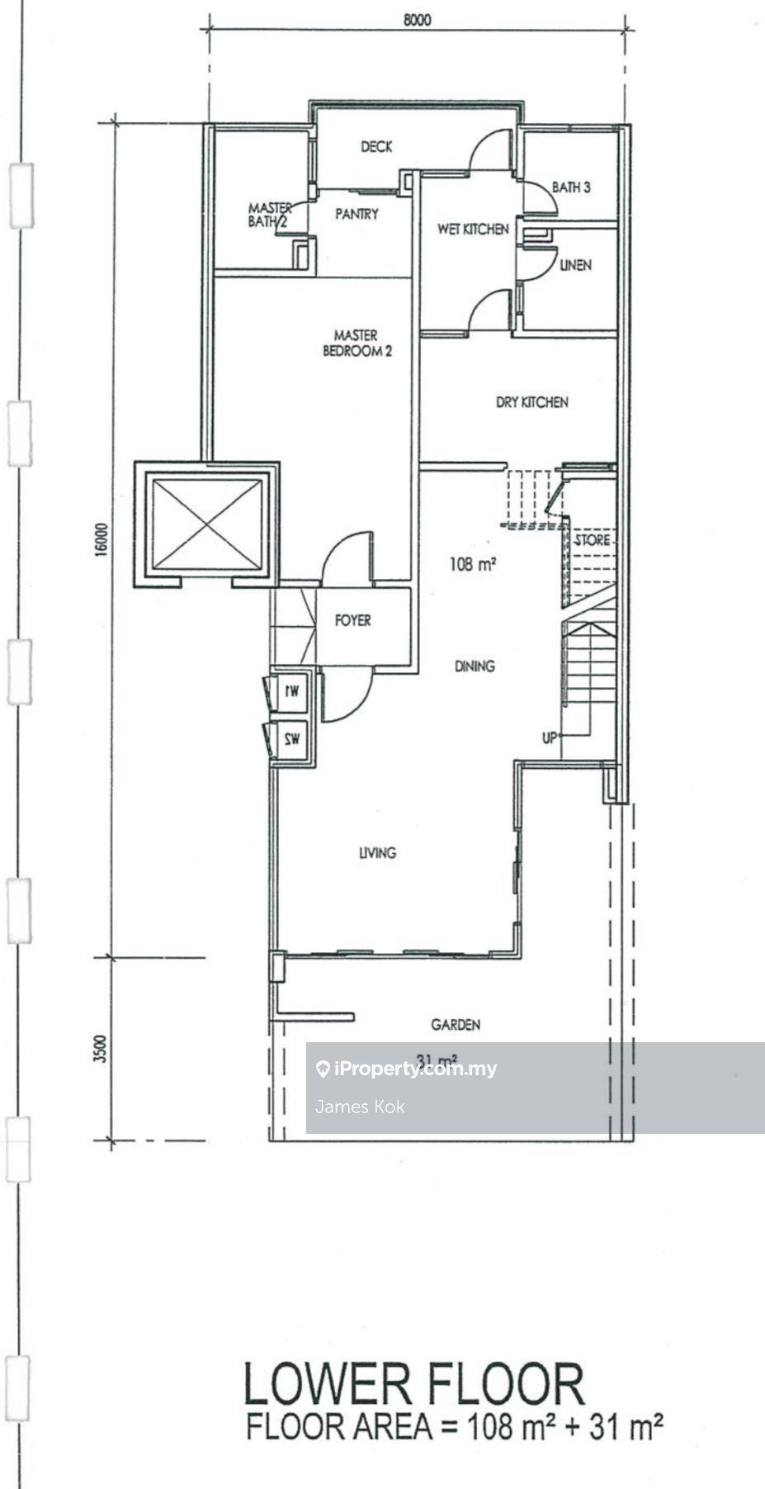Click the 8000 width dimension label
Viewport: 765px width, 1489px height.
418,21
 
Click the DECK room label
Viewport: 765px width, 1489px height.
376,147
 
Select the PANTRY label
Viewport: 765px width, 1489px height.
357,215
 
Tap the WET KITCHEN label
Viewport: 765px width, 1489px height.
473,229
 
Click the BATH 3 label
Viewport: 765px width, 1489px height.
571,187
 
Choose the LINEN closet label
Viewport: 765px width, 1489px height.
575,266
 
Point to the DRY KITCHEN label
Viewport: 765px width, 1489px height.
531,402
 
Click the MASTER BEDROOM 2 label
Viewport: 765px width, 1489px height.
357,343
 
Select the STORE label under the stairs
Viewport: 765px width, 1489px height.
592,540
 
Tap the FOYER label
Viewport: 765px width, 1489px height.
352,620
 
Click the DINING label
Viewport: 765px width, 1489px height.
474,666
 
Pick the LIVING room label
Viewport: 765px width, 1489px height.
377,852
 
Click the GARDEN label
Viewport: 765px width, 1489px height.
456,1025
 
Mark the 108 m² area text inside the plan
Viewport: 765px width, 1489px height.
472,565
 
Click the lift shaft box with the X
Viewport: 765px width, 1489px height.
207,524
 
